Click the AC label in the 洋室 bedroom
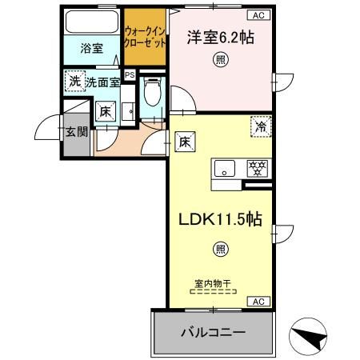pos(259,16)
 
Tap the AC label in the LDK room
pos(259,301)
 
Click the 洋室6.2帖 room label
pos(215,37)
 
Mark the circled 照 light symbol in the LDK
pos(219,250)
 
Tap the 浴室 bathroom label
pos(91,48)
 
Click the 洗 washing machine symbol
pos(74,81)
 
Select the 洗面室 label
pos(102,82)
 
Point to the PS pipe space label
pos(130,76)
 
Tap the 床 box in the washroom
pos(106,113)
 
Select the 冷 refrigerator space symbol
pos(260,126)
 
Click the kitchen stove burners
pos(257,168)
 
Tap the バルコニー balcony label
pos(212,331)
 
